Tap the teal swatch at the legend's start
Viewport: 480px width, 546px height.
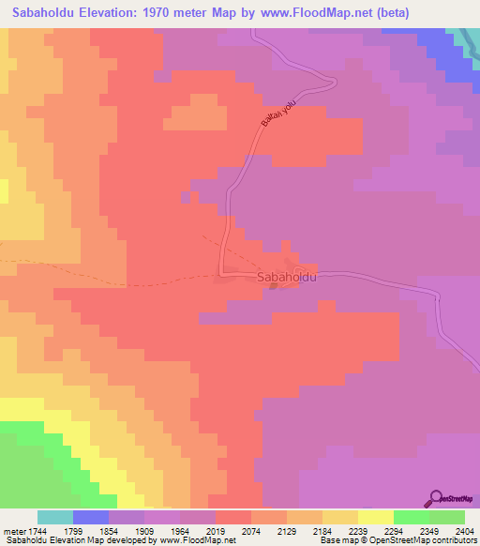click(x=55, y=517)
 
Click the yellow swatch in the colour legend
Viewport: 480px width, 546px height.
click(x=375, y=517)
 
